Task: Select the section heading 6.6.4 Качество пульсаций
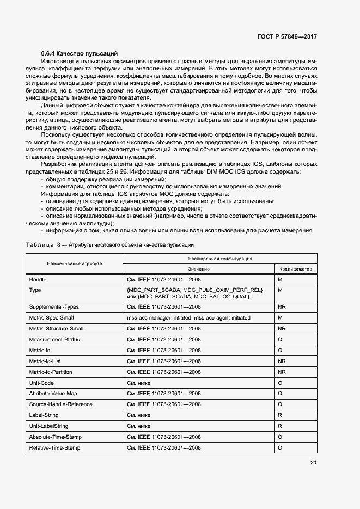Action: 80,53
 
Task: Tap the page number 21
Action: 313,463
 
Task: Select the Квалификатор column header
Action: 296,269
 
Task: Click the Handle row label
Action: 38,279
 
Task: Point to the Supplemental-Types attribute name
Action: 54,308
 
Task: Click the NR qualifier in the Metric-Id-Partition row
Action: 282,372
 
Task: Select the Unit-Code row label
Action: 42,383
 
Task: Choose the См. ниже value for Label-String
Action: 138,415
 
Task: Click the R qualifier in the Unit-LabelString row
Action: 280,426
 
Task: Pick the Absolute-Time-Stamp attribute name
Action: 56,437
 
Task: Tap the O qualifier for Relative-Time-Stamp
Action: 280,447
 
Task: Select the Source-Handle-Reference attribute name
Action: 60,404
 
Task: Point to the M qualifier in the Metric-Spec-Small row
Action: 280,318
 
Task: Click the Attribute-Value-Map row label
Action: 53,394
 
